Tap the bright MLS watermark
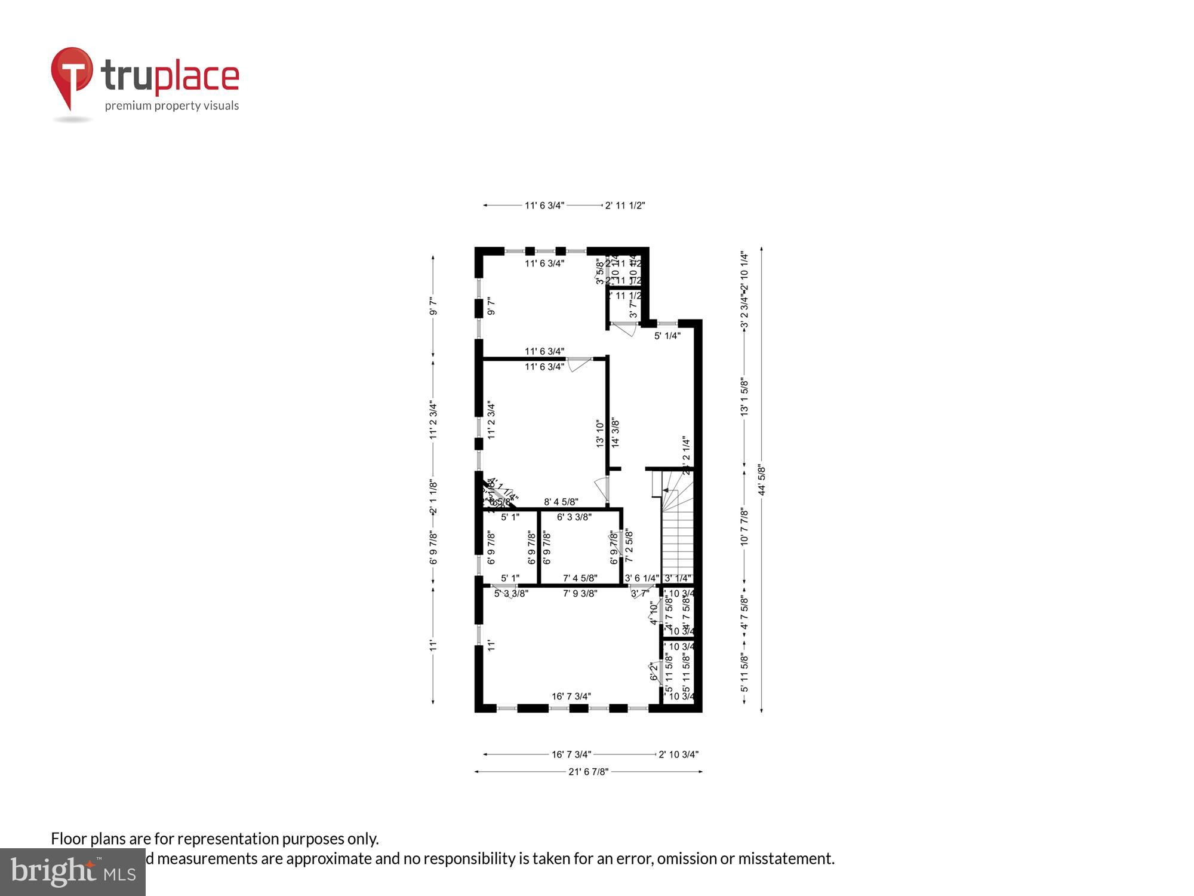(x=73, y=873)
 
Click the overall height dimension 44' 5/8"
(x=761, y=480)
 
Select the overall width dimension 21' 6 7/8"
(x=588, y=772)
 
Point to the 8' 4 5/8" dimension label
(x=561, y=502)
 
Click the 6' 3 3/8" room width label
(x=574, y=517)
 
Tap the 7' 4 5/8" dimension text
(x=580, y=578)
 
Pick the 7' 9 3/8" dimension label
(x=580, y=593)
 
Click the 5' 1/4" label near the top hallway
(x=667, y=336)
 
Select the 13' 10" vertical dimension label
(x=600, y=434)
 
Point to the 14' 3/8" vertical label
(x=616, y=432)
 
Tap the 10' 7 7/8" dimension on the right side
(x=744, y=526)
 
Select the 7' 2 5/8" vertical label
(x=629, y=546)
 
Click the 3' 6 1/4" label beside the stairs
(x=642, y=578)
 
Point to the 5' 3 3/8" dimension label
(x=511, y=593)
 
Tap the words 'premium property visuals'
(x=172, y=106)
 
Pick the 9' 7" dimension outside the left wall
(x=433, y=306)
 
